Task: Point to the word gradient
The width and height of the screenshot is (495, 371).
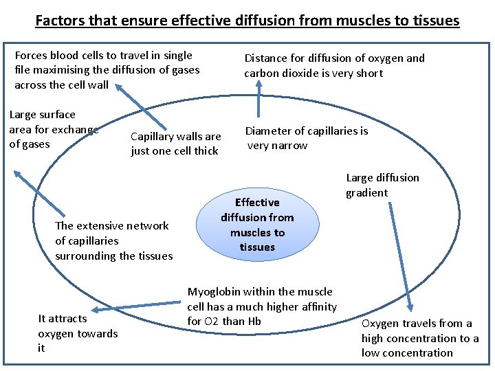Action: click(366, 193)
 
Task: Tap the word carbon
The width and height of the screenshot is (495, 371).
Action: click(261, 74)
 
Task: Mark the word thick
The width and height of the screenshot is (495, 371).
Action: click(204, 151)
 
